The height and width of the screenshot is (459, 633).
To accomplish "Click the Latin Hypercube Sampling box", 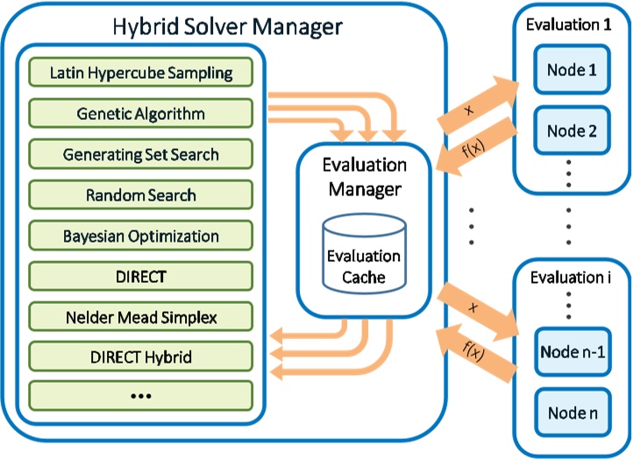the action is coord(141,72).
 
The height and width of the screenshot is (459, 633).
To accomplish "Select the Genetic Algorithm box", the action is coord(141,113).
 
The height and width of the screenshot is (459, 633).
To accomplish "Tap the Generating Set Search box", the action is coord(141,154).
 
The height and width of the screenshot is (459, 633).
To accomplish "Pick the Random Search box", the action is coord(141,194).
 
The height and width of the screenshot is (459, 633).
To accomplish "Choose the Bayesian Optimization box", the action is coord(141,236).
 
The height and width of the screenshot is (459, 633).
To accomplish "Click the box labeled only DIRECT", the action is coord(141,276).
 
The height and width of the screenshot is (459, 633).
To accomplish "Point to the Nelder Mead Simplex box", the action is coord(141,317).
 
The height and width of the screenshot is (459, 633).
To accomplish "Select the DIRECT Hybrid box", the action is coord(141,357).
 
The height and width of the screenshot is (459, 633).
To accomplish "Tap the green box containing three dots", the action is coord(141,396).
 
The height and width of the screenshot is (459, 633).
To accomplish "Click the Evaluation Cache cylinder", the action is coord(364,254).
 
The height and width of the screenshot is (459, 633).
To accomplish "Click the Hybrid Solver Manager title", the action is coord(227,27).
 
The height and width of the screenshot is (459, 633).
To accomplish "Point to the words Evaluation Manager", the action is coord(365,177).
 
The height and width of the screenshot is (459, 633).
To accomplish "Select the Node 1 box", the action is coord(572,69).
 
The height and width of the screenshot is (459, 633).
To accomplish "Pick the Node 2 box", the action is coord(572,131).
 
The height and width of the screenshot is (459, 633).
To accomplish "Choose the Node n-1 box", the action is coord(573,352).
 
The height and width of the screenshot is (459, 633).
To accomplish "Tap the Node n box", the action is coord(573,413).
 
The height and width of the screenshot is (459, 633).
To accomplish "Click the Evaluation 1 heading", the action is coord(568,25).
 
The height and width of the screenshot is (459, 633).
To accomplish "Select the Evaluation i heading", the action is coord(570,278).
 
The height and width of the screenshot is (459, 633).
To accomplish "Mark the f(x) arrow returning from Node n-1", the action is coord(476,353).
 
